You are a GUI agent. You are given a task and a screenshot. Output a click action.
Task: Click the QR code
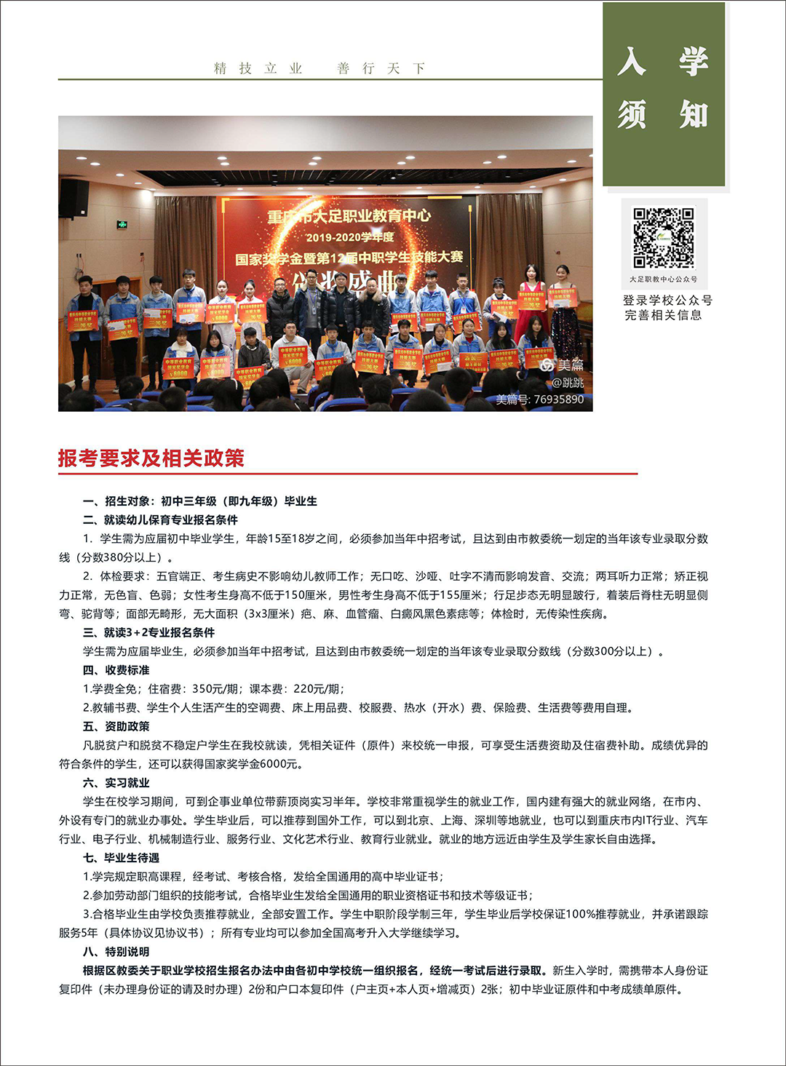[663, 237]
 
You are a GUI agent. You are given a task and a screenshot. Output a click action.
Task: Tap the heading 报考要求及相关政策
[151, 458]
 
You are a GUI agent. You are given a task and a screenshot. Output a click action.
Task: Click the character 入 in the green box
[632, 61]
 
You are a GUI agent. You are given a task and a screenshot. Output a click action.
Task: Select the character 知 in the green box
[694, 115]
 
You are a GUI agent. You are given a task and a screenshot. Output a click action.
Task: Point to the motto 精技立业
[258, 68]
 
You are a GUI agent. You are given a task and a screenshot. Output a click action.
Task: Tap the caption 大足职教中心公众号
[663, 279]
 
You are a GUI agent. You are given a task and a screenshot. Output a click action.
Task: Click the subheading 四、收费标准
[116, 670]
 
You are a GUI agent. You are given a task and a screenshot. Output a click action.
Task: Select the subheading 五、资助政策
[116, 726]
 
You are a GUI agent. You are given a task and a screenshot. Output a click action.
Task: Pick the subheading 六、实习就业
[116, 783]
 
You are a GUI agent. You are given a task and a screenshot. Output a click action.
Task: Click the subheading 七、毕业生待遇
[122, 858]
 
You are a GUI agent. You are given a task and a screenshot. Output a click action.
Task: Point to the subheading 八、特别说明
[116, 952]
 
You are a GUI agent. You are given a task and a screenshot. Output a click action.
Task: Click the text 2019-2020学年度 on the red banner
[349, 237]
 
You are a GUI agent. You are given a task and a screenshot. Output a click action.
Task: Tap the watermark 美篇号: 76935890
[539, 399]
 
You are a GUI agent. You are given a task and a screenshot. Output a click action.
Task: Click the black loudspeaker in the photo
[74, 198]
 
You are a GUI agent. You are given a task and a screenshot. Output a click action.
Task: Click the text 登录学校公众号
[667, 301]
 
